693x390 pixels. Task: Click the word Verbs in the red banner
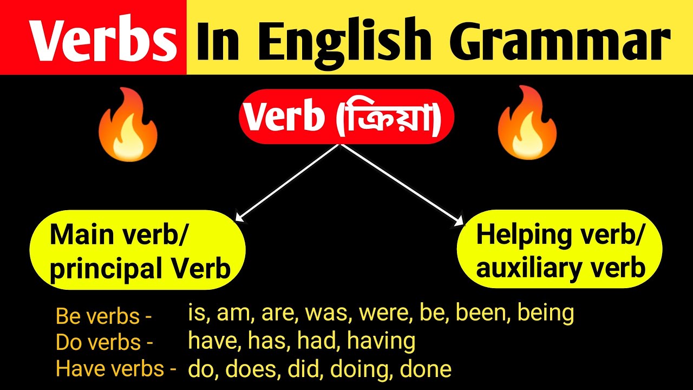coord(104,40)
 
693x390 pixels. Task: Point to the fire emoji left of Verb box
coord(128,123)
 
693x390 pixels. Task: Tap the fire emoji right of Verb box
coord(527,123)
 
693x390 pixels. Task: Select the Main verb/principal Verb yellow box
coord(138,252)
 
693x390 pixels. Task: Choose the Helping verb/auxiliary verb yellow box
coord(560,251)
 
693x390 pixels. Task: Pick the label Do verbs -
coord(104,343)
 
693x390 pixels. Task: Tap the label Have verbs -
coord(116,369)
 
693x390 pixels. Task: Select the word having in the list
coord(381,341)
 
